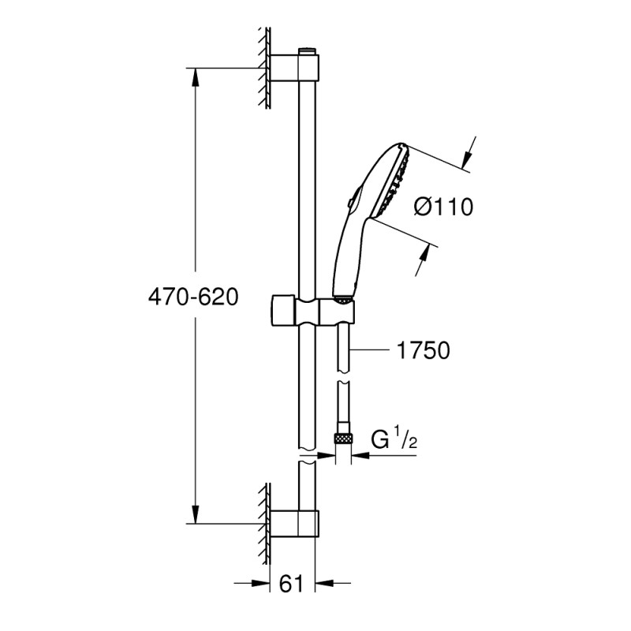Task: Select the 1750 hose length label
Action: (x=424, y=350)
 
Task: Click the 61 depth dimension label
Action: (x=292, y=584)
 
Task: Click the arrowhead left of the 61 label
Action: (x=261, y=584)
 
